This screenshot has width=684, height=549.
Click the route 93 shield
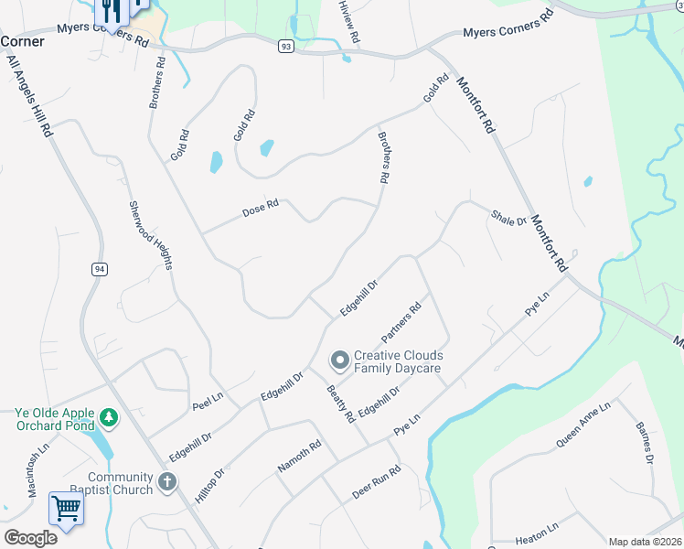[286, 46]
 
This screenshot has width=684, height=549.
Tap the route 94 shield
[99, 268]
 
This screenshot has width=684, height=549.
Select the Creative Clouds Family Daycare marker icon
[339, 361]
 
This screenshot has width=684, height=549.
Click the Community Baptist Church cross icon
[166, 482]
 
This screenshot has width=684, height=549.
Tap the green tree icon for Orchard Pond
[109, 418]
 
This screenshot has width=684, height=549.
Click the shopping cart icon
[66, 508]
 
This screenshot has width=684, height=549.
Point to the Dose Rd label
[260, 210]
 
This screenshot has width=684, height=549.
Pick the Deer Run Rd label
[376, 484]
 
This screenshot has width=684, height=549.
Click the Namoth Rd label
[300, 457]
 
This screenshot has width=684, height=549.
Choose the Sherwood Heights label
[150, 235]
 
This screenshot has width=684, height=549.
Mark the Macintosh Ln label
[37, 471]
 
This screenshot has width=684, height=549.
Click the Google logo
[30, 537]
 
